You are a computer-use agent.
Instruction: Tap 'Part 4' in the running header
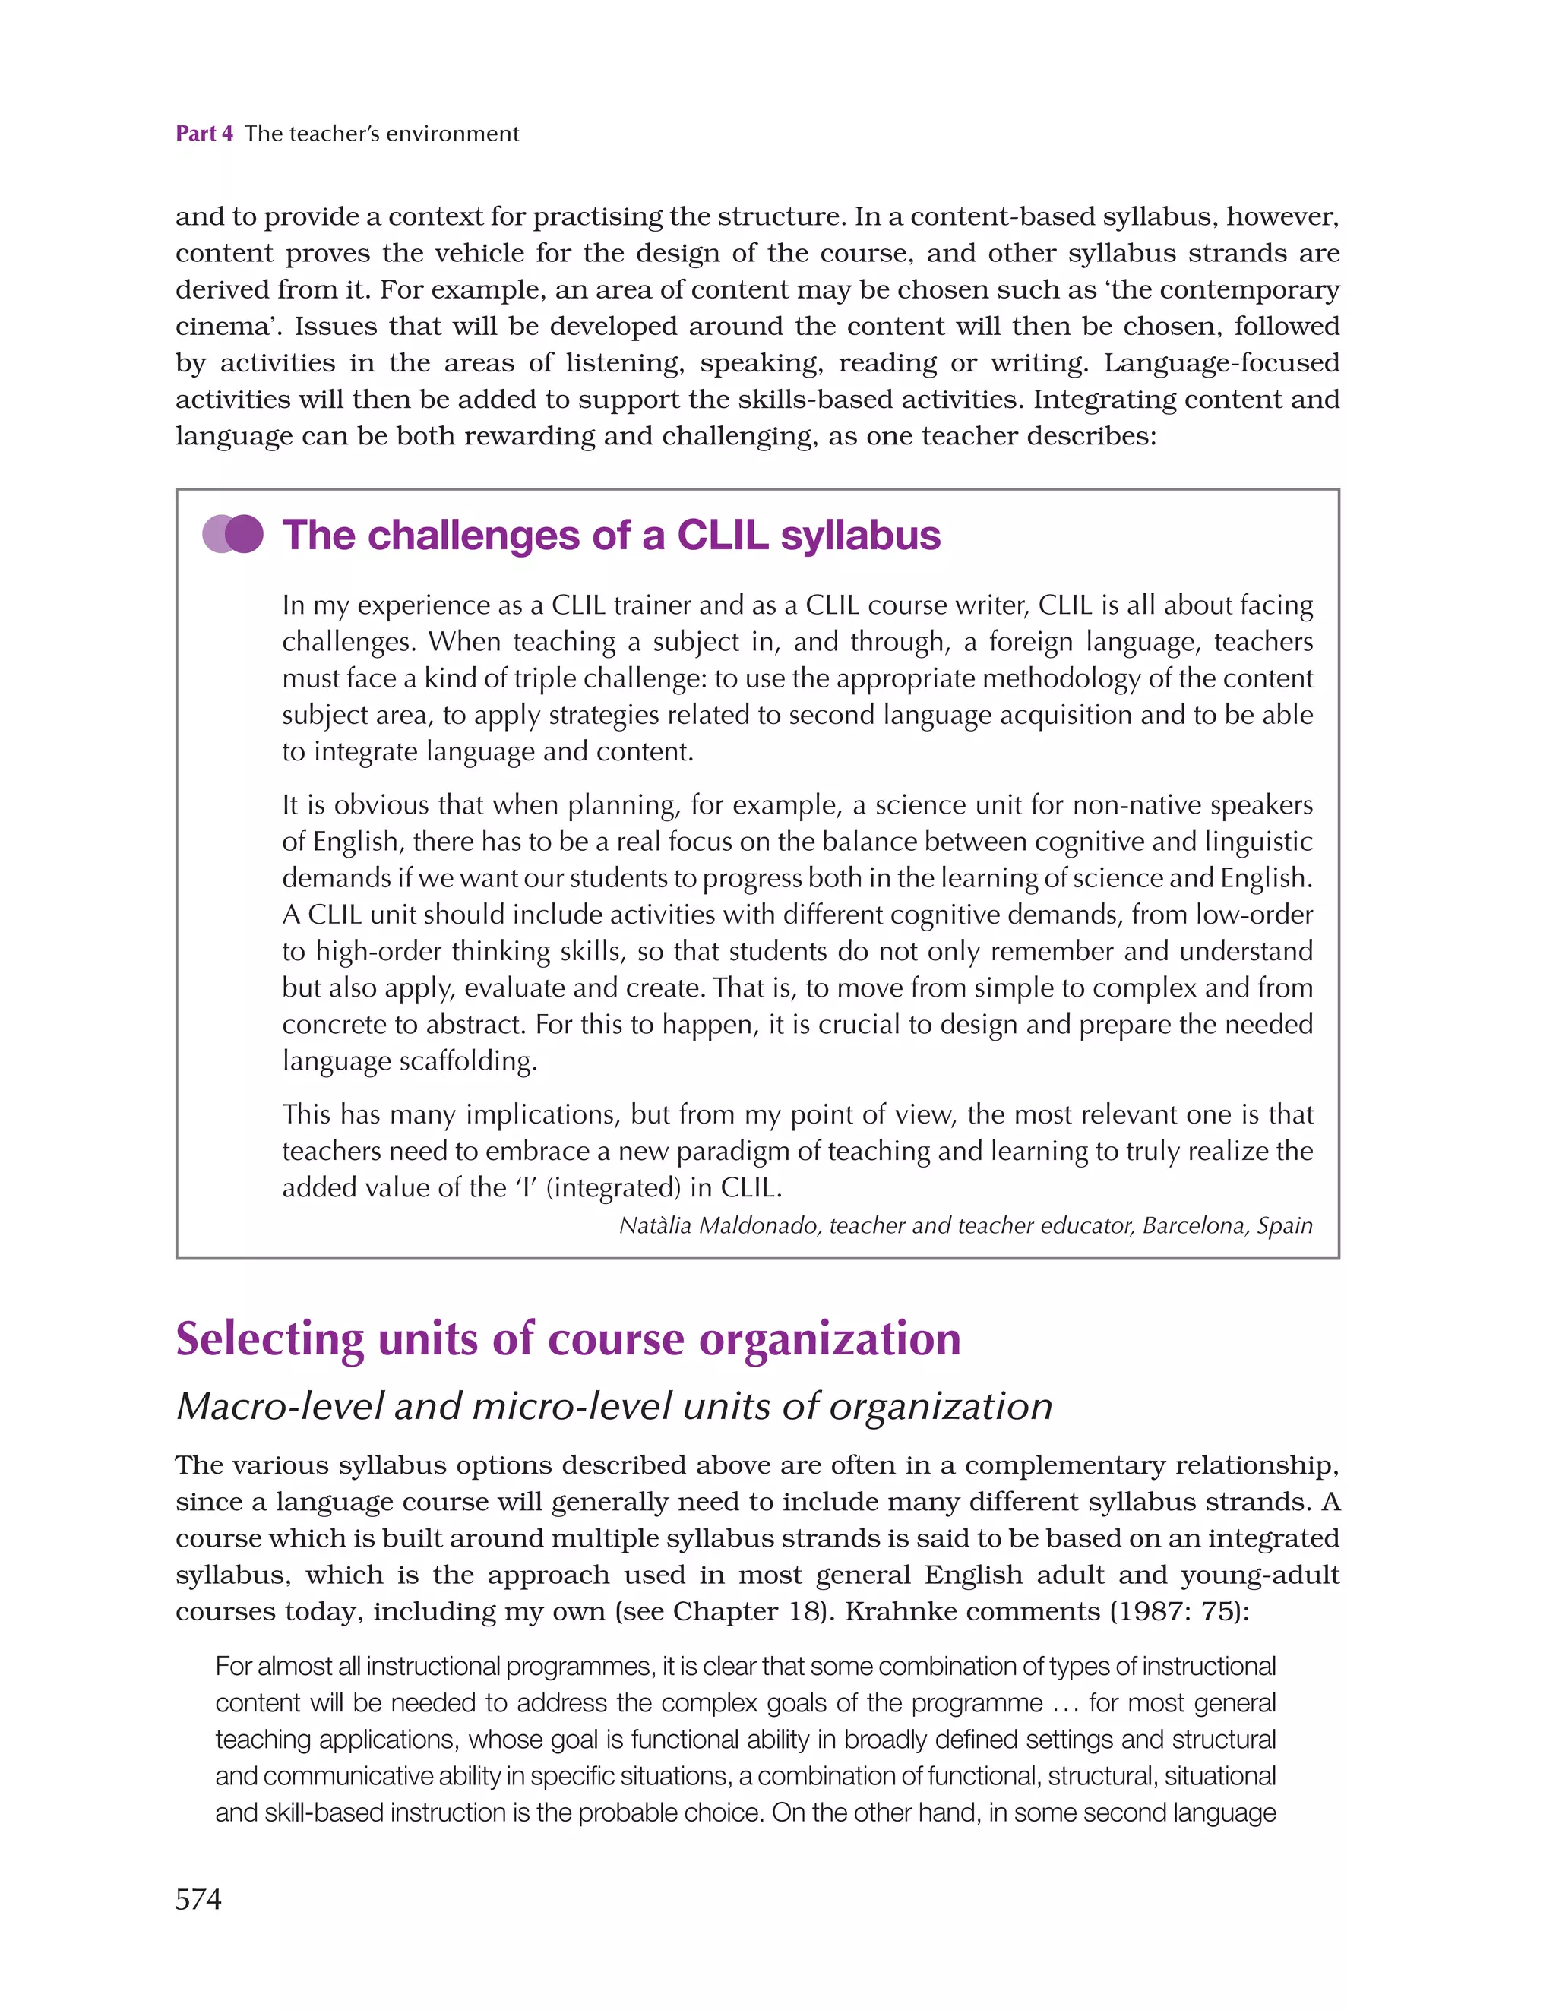coord(204,134)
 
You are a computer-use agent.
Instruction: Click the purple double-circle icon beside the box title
coord(233,534)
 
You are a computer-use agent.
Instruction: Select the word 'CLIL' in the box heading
coord(722,535)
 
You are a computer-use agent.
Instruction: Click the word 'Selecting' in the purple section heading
coord(270,1339)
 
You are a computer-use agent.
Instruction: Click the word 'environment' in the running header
coord(452,134)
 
